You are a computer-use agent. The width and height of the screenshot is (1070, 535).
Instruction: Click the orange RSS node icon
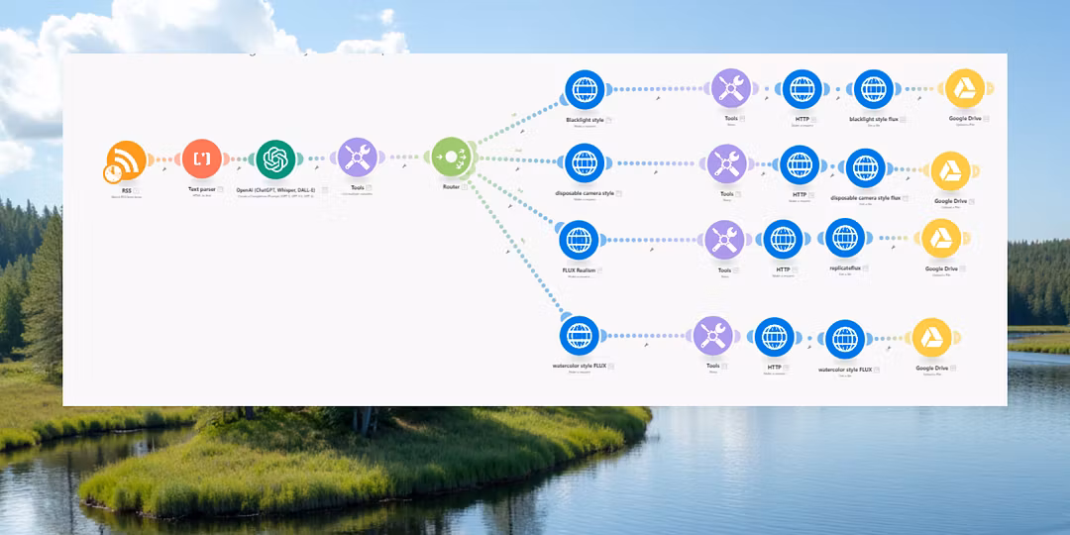click(126, 160)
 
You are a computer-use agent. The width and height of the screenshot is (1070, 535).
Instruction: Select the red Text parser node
click(202, 159)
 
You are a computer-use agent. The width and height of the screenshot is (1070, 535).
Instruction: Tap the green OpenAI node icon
click(276, 159)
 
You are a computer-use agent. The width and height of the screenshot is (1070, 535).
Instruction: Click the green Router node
click(451, 157)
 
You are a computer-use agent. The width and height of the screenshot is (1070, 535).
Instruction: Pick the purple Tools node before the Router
click(356, 158)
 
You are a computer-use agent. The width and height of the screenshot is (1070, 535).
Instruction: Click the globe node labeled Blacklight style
click(585, 89)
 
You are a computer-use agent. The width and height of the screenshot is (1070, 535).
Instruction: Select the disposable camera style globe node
click(585, 161)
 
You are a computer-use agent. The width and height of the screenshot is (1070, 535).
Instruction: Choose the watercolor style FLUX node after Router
click(579, 336)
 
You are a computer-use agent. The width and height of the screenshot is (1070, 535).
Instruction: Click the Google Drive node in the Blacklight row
click(965, 88)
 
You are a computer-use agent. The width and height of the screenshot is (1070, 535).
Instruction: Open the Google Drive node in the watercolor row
click(931, 339)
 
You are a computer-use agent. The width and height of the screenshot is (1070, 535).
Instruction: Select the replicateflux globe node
click(844, 240)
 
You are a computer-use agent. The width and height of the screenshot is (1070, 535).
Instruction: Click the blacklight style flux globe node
click(873, 89)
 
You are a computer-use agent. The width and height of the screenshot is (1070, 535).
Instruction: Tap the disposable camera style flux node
click(866, 167)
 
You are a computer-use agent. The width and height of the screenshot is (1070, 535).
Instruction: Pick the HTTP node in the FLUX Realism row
click(783, 240)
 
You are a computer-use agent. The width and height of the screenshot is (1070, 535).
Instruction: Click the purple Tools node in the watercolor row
click(713, 337)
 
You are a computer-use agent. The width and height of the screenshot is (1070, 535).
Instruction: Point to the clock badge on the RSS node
click(114, 173)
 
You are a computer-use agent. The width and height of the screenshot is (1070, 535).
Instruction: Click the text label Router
click(451, 187)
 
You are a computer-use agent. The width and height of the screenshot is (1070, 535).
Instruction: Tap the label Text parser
click(201, 188)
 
